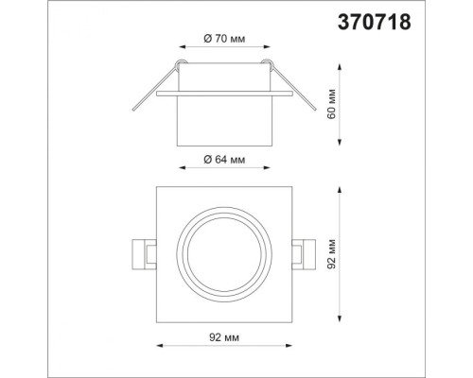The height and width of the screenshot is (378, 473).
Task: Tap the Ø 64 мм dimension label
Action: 224,161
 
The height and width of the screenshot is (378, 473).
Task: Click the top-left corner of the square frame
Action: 155,187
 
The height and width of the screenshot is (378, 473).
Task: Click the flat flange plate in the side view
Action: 223,94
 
